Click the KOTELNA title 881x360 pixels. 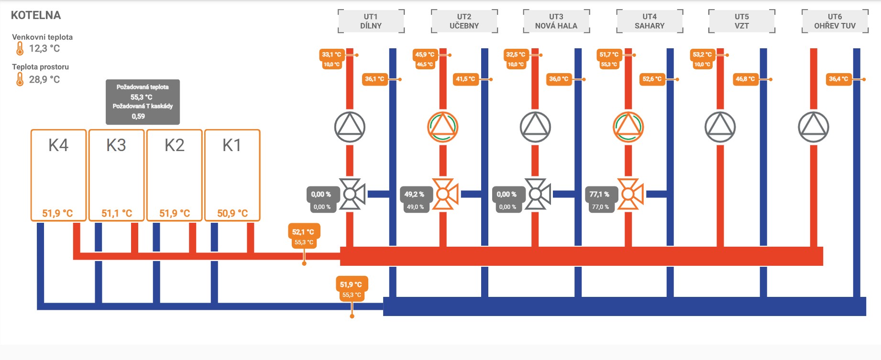click(36, 15)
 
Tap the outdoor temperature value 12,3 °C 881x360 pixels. click(44, 48)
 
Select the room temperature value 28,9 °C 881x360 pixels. click(44, 79)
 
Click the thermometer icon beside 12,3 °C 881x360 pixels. click(20, 48)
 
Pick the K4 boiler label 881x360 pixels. click(58, 145)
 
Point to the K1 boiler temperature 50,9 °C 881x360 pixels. click(232, 213)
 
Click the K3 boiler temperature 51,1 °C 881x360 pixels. click(117, 213)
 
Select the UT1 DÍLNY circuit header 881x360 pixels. click(371, 21)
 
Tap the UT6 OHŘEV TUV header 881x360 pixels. click(835, 21)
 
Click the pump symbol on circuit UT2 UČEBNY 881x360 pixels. click(442, 127)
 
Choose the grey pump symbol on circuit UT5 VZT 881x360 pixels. click(720, 127)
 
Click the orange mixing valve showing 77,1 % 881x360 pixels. click(630, 194)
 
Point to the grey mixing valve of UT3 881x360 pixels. click(537, 194)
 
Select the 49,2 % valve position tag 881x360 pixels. click(415, 194)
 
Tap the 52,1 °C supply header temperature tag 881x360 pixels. click(303, 232)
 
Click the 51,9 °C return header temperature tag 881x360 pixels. click(351, 284)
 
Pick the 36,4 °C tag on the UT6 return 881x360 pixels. click(838, 79)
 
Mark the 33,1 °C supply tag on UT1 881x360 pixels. click(331, 55)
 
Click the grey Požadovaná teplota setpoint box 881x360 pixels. click(143, 102)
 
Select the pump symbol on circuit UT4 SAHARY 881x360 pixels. click(628, 127)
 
